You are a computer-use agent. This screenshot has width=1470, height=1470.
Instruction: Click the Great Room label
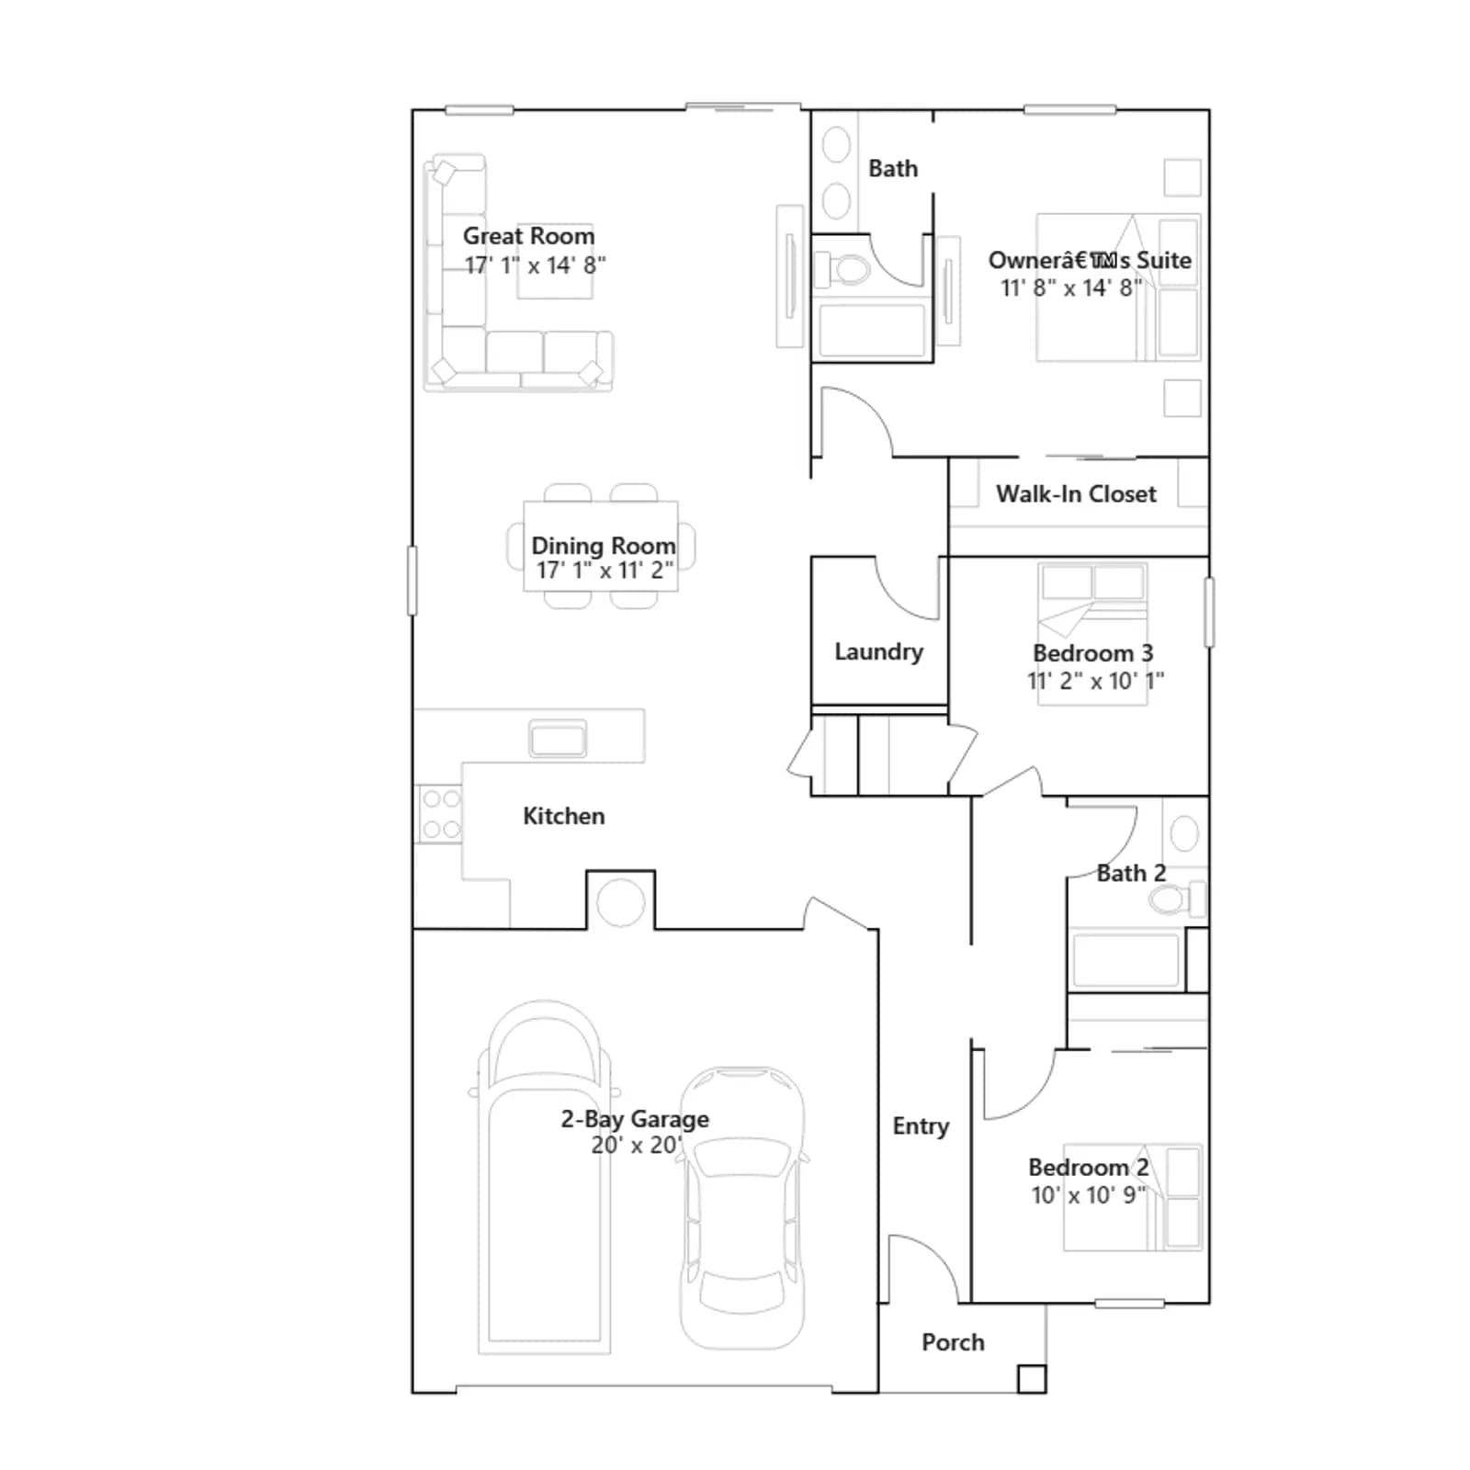tap(528, 236)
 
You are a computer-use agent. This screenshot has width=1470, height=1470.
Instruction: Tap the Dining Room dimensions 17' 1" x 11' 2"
tap(605, 571)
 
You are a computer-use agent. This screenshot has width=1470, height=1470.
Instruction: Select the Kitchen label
tap(563, 816)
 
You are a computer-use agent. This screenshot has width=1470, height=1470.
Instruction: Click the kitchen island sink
tap(558, 739)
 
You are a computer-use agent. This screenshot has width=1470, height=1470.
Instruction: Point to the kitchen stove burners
tap(439, 814)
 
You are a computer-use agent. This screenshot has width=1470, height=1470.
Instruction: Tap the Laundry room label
tap(878, 651)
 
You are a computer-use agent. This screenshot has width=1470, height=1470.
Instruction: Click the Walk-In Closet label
tap(1076, 494)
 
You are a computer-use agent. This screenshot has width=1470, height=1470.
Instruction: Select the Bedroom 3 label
tap(1092, 653)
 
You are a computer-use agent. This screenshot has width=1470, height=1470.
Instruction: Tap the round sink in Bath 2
tap(1184, 833)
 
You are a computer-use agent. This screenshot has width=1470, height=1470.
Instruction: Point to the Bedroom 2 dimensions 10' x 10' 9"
tap(1089, 1195)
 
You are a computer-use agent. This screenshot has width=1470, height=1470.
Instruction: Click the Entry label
tap(921, 1126)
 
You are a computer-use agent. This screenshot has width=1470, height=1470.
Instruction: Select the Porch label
tap(953, 1342)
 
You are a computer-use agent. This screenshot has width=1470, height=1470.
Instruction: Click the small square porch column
tap(1032, 1379)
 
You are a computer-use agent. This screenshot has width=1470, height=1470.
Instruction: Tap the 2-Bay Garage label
tap(635, 1119)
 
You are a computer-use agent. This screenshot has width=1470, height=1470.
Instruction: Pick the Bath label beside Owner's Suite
tap(893, 168)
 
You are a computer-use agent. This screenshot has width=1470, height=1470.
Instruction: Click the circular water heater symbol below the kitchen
tap(621, 902)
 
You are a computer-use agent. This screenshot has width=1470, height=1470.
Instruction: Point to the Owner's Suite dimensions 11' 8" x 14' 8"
tap(1071, 288)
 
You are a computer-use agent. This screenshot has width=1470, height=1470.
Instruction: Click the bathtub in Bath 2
tap(1125, 960)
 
